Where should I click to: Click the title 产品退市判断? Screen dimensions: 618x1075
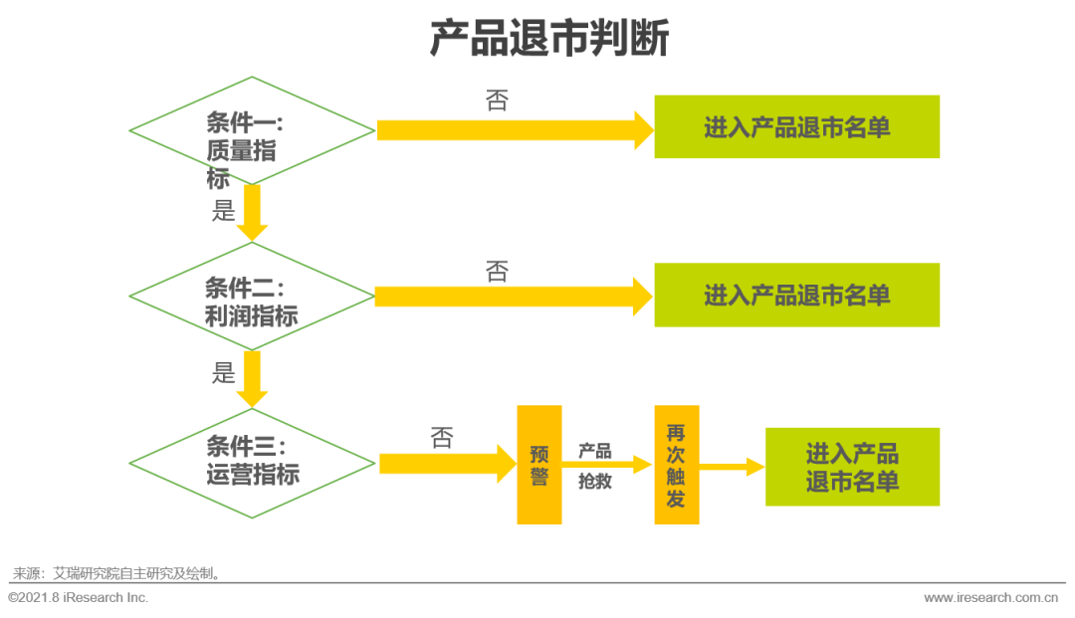[548, 39]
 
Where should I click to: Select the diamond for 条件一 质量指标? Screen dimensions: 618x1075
[252, 131]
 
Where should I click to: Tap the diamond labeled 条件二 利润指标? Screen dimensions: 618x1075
[252, 297]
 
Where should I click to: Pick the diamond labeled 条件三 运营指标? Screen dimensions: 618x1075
[253, 463]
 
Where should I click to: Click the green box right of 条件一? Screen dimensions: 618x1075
[796, 127]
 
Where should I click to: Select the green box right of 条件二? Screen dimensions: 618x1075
[796, 296]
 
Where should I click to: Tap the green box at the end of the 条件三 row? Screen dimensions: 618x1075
[852, 467]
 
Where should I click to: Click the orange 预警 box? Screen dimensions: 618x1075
[538, 465]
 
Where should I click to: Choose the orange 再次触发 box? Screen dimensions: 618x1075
[676, 465]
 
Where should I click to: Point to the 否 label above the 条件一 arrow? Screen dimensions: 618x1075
[497, 101]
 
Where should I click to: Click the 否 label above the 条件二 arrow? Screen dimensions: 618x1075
[497, 272]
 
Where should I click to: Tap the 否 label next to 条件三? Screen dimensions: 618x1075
[442, 438]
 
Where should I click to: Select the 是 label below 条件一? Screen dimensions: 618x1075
[224, 210]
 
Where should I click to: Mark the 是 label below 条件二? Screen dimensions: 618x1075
[224, 373]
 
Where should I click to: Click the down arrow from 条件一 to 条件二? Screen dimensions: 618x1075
[253, 213]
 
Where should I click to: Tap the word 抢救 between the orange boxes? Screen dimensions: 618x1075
[595, 482]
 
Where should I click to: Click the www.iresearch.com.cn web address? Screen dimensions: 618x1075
[990, 598]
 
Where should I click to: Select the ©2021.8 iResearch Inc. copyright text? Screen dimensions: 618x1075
[79, 597]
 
